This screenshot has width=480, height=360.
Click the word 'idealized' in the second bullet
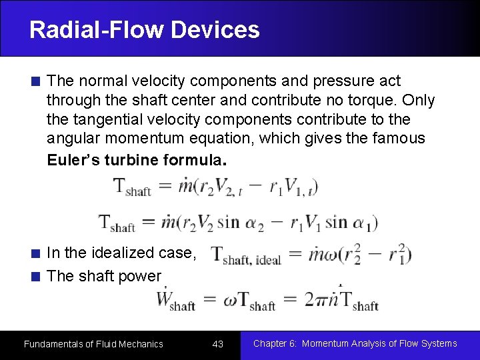click(x=127, y=253)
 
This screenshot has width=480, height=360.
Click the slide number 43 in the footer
click(x=217, y=344)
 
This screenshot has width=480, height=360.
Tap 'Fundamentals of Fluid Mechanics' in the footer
click(x=93, y=344)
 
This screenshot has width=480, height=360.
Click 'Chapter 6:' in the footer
click(x=274, y=344)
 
